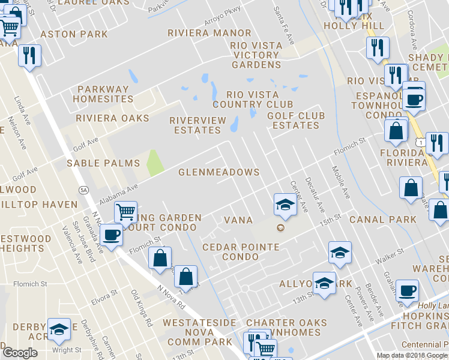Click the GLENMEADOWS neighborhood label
click(x=219, y=172)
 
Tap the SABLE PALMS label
click(x=103, y=163)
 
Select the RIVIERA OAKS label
click(x=112, y=118)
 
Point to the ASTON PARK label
click(x=74, y=34)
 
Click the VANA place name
click(x=238, y=220)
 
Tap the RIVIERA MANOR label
click(x=209, y=32)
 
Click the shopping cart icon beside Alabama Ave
click(x=125, y=212)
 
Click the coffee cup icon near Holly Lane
click(x=408, y=290)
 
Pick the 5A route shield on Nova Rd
click(x=83, y=190)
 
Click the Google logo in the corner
click(x=20, y=353)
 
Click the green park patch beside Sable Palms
click(x=155, y=163)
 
